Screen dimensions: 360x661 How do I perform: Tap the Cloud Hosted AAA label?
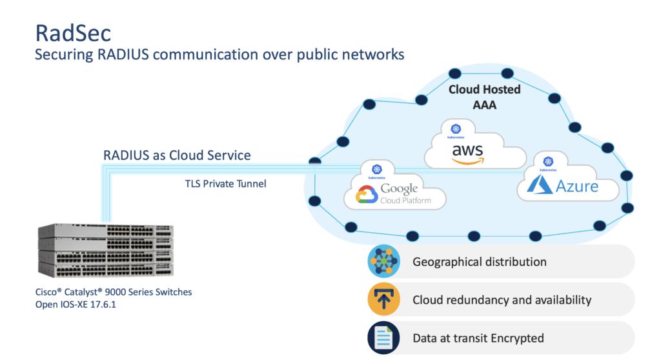(484, 96)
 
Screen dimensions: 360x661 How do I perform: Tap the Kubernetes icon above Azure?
(548, 162)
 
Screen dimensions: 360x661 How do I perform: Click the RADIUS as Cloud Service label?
(177, 155)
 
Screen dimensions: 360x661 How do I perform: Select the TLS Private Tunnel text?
(225, 184)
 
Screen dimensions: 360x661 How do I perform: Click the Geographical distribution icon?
(384, 262)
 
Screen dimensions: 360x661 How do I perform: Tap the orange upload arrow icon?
(384, 300)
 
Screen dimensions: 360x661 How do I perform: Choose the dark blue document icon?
(384, 338)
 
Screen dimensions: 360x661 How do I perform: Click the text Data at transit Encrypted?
(478, 338)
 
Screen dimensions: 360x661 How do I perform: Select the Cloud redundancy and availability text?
(502, 300)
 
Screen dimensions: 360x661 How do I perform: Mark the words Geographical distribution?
(479, 262)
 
